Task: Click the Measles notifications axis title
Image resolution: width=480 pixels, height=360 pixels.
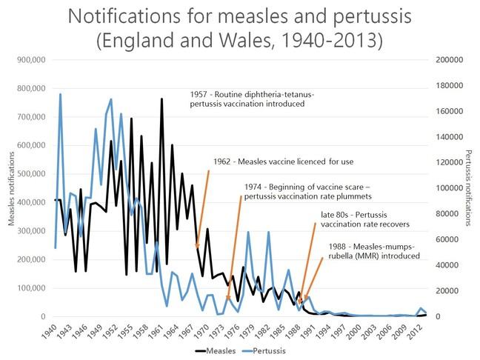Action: click(x=10, y=188)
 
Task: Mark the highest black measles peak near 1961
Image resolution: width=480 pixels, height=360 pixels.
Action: click(x=161, y=99)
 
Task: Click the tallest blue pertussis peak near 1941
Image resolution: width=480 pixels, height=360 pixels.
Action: click(x=60, y=94)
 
